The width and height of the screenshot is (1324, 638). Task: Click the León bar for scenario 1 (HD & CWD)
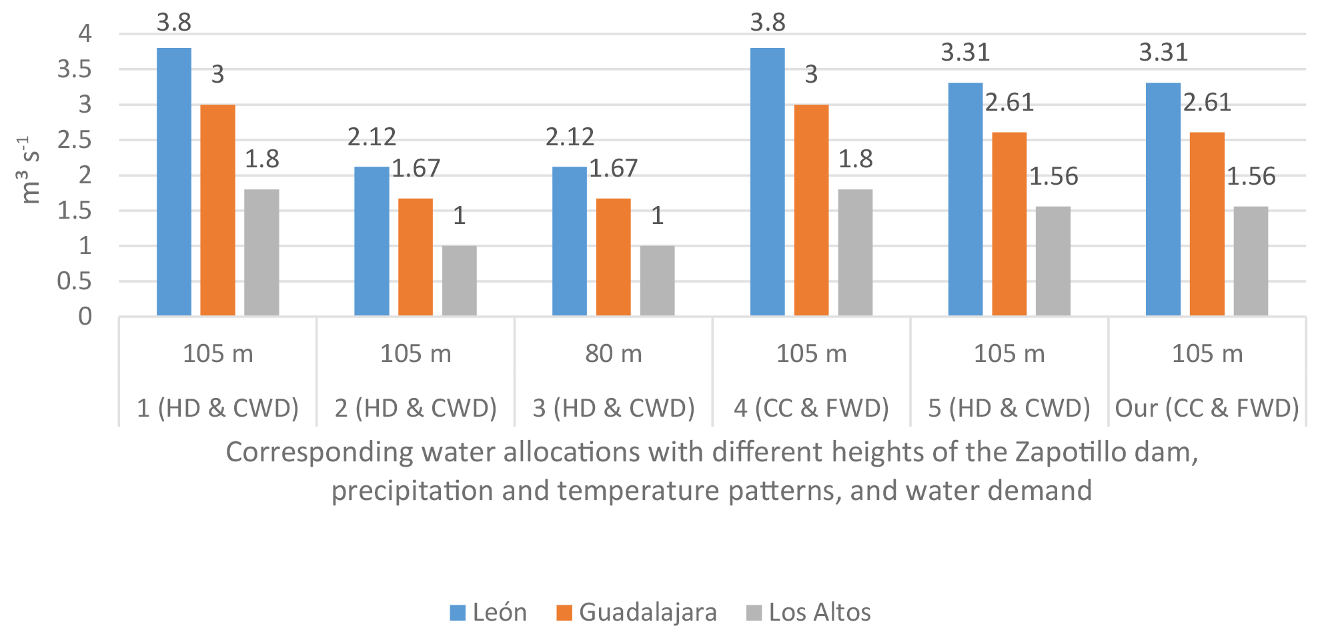click(x=174, y=181)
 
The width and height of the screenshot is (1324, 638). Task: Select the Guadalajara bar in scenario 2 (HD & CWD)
click(x=416, y=257)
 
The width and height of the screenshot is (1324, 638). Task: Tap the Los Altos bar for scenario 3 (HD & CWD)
click(x=657, y=280)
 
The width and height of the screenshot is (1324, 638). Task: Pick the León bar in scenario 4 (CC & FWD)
click(x=767, y=181)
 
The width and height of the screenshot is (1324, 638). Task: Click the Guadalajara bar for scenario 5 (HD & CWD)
click(x=1009, y=223)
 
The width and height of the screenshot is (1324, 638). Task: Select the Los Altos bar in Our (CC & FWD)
click(x=1251, y=261)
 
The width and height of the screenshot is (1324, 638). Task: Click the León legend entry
click(x=489, y=612)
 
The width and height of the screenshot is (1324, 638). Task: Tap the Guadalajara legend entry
click(x=637, y=612)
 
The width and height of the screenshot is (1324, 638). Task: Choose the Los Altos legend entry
click(x=809, y=612)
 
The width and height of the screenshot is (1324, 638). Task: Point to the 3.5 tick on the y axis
click(x=74, y=69)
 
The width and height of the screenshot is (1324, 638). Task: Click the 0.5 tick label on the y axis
click(x=74, y=281)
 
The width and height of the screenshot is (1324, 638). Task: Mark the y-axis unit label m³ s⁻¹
click(x=30, y=170)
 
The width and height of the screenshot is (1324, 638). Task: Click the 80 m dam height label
click(x=614, y=353)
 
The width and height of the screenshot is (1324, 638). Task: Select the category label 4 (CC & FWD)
click(x=811, y=407)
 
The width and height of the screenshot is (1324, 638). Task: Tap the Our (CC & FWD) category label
click(x=1207, y=407)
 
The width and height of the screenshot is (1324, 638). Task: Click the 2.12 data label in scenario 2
click(x=372, y=137)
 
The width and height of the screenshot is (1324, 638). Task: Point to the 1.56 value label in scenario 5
click(x=1053, y=176)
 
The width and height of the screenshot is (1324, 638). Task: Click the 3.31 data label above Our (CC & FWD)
click(x=1163, y=52)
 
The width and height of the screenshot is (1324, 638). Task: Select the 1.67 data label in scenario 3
click(x=613, y=168)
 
